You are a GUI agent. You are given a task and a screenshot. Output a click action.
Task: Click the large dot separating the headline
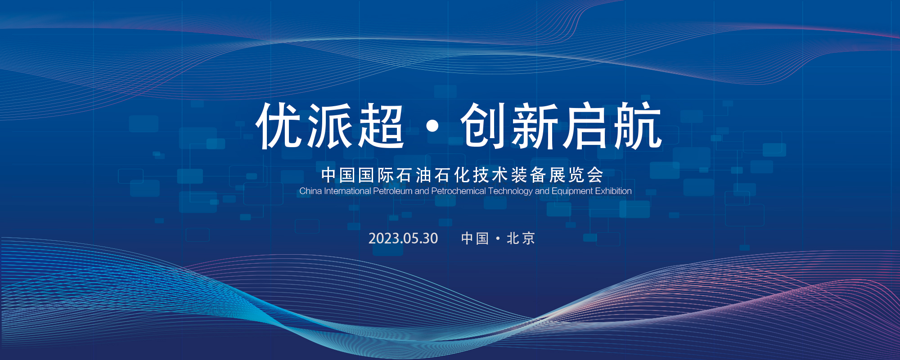pos(432,126)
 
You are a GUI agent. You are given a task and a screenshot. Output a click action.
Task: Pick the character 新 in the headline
pos(535,126)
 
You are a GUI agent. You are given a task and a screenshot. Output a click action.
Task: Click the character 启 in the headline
pos(585,126)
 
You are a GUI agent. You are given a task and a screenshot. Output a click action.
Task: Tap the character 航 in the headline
pos(637,126)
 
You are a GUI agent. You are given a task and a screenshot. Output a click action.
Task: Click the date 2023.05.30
pos(403,238)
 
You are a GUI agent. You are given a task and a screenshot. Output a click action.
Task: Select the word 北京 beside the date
pos(521,238)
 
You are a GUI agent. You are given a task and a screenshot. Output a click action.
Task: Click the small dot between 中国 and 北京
pos(498,238)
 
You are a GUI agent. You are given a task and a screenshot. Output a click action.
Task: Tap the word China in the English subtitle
pos(310,191)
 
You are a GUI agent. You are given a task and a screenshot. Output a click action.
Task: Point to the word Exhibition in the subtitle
pos(613,191)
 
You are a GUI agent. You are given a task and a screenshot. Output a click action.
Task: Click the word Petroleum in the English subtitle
pos(392,191)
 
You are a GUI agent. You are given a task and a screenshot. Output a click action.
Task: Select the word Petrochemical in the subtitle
pos(458,191)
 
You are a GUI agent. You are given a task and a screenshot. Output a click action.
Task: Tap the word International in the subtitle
pos(347,191)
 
